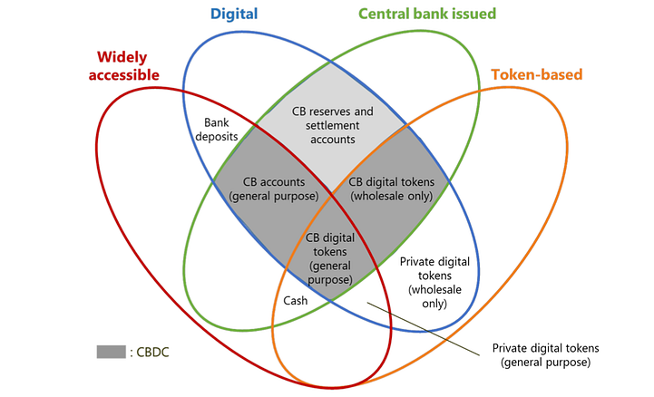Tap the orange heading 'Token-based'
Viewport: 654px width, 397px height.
coord(536,74)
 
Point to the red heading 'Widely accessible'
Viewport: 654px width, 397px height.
coord(124,65)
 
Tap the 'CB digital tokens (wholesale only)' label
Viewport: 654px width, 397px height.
coord(392,189)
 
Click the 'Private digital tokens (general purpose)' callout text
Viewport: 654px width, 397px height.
coord(544,354)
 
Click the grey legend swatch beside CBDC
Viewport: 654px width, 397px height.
coord(111,352)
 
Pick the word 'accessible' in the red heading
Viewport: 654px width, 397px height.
coord(124,74)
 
